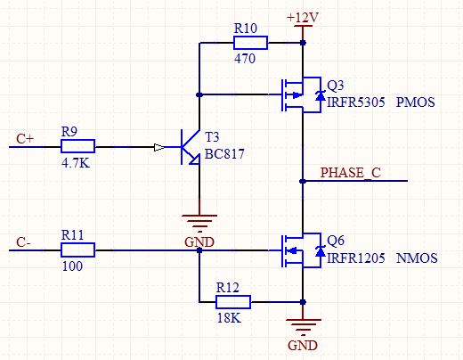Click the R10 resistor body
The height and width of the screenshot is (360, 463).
(250, 43)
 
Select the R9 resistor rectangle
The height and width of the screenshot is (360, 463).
(77, 146)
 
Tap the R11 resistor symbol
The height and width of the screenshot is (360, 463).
(77, 250)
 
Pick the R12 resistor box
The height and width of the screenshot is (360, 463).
(233, 302)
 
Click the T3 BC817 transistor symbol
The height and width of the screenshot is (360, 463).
(190, 147)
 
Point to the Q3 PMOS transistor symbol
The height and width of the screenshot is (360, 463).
(301, 94)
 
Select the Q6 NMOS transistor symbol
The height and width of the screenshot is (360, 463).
(301, 250)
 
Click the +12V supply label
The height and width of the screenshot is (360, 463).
(303, 18)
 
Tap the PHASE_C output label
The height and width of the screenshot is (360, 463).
(351, 173)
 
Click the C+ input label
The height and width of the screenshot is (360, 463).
(25, 139)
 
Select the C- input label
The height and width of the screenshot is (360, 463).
(23, 242)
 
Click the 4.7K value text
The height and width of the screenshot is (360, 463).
(76, 163)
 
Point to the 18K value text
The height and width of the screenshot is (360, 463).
(229, 318)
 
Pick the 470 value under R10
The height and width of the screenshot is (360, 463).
(245, 59)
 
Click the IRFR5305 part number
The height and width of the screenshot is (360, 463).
(356, 102)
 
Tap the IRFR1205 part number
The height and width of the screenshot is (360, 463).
(356, 258)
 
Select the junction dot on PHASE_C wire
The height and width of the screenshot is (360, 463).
(303, 181)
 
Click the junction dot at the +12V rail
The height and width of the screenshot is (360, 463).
(303, 43)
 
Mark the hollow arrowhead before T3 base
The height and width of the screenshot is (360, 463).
(159, 147)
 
